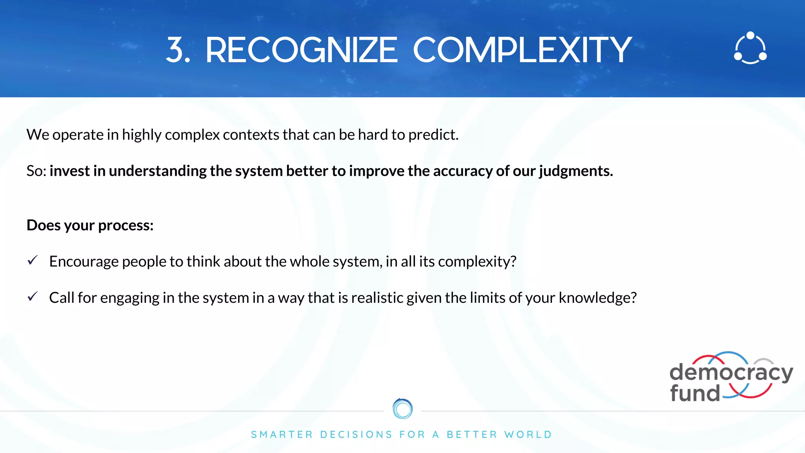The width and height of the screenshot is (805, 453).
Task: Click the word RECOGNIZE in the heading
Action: pos(301,50)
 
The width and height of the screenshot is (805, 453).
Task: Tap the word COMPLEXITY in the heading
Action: pos(522,50)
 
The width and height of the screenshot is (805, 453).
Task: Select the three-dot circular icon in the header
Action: pos(750,48)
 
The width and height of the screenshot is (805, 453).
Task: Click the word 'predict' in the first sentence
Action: pos(433,135)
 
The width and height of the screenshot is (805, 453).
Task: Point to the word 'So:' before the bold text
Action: pos(36,171)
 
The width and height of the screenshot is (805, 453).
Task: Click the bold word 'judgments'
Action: pos(575,171)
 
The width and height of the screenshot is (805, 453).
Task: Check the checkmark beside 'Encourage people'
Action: pos(33,260)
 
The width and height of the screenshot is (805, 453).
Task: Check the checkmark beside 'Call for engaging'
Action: pos(33,296)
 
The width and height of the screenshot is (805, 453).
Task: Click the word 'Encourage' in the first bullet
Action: pos(84,261)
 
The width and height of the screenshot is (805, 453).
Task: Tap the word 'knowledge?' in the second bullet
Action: pos(597,298)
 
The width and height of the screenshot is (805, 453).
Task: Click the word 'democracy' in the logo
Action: pos(731,372)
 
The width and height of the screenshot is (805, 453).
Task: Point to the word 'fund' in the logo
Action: pos(695,393)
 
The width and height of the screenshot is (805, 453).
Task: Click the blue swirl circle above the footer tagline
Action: pos(402,409)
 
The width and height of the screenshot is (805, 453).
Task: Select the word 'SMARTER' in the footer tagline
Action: pos(282,435)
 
